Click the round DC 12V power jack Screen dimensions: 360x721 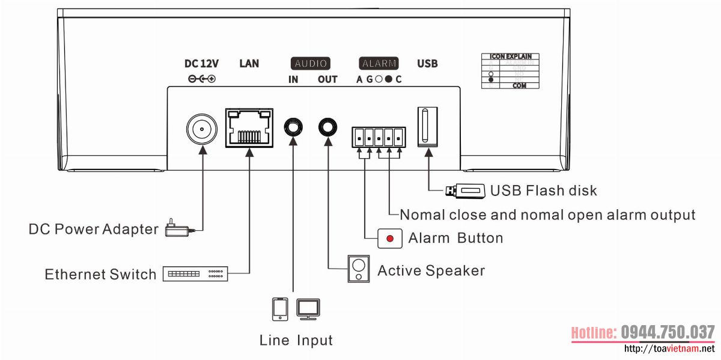click(201, 128)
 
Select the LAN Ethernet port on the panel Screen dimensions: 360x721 click(249, 128)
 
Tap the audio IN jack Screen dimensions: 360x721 click(293, 127)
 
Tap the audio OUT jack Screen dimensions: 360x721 click(328, 127)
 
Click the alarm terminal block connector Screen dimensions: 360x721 click(379, 138)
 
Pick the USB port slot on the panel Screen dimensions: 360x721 click(427, 125)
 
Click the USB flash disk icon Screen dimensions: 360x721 click(465, 191)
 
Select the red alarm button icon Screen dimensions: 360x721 click(390, 239)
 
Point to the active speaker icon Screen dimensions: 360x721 click(359, 268)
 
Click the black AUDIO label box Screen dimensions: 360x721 click(311, 63)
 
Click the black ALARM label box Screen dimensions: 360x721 click(379, 63)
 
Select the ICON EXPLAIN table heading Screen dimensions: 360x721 click(510, 57)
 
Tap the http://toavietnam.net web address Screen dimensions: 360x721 click(670, 349)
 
